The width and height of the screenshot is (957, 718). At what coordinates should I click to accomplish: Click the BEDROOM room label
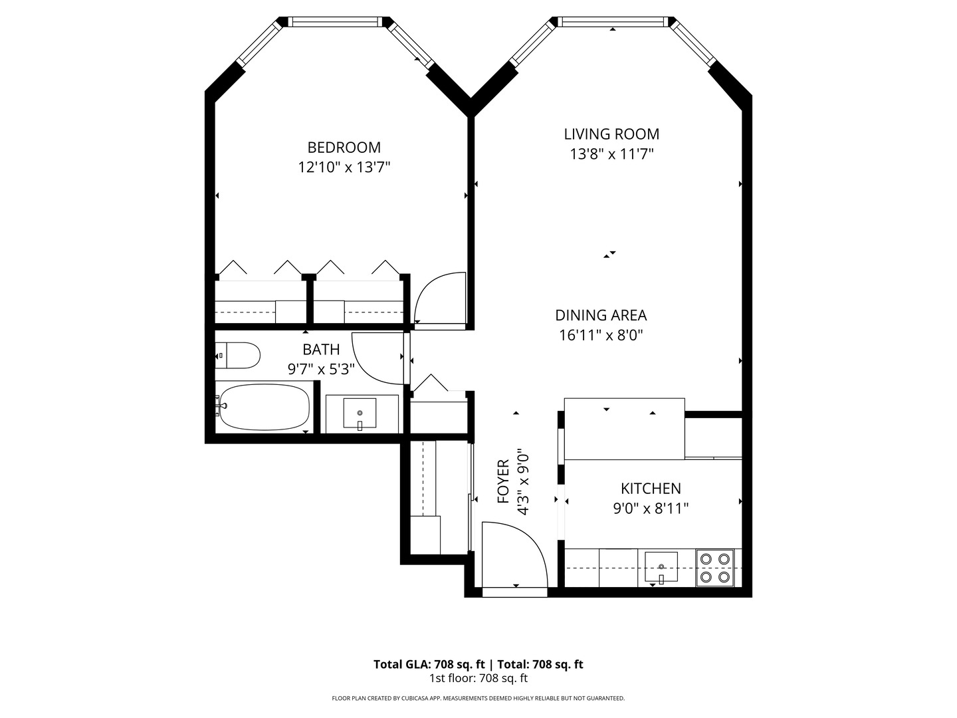(x=344, y=147)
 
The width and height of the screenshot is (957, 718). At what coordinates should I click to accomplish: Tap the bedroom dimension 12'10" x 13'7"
(x=344, y=167)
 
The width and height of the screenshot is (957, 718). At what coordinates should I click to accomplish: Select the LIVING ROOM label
(x=611, y=134)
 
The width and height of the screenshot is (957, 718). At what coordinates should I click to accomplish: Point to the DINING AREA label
(x=601, y=315)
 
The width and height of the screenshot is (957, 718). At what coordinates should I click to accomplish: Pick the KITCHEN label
(x=651, y=489)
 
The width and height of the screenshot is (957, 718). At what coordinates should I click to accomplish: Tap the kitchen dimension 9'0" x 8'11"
(x=651, y=509)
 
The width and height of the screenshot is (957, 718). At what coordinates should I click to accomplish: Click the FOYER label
(x=503, y=481)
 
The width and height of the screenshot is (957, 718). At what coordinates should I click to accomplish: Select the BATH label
(x=321, y=349)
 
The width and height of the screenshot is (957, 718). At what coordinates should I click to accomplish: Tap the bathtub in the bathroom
(x=264, y=406)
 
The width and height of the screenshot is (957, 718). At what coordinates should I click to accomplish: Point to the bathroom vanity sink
(x=360, y=414)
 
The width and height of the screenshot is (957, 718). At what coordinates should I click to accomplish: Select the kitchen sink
(x=661, y=567)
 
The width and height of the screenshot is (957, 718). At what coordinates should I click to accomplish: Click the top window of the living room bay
(x=613, y=22)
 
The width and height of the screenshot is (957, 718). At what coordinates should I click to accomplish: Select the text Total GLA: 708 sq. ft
(x=431, y=664)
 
